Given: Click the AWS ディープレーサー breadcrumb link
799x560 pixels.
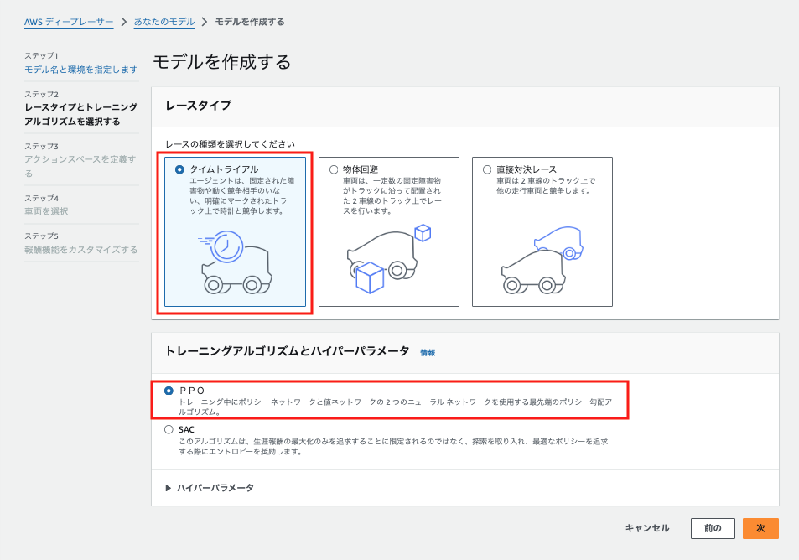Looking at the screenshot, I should coord(69,22).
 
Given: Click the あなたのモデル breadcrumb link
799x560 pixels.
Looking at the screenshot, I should coord(163,22).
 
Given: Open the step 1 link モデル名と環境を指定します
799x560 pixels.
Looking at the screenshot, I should coord(81,69).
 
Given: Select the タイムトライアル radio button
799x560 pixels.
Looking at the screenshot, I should coord(179,169).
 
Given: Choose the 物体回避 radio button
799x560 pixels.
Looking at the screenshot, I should coord(334,169).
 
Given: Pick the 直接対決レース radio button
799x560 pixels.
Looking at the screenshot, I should coord(487,169).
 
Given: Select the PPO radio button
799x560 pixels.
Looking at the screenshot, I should coord(169,391).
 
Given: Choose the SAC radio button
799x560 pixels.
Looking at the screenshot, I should coord(169,429).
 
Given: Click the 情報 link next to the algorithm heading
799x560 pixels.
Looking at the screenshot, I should coord(428,353).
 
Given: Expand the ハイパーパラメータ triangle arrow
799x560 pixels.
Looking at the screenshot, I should coord(169,488).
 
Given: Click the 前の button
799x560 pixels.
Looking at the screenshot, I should coord(713,528).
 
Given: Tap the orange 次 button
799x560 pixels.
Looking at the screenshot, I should coord(760,528).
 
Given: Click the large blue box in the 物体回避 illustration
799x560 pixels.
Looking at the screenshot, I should coord(370,277).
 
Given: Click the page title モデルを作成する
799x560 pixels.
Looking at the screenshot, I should coord(222,62).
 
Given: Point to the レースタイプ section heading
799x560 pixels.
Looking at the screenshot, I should coord(198,106).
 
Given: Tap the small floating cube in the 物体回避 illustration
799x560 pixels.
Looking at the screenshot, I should coord(423,232).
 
